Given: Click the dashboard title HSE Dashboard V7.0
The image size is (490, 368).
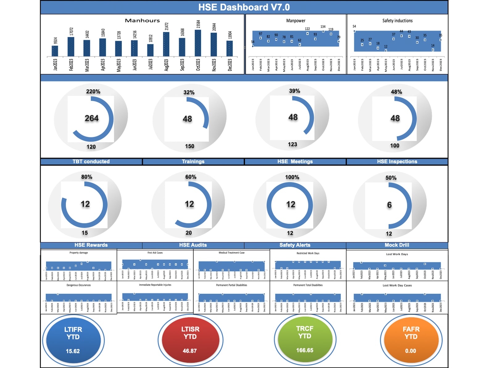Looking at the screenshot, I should [244, 7].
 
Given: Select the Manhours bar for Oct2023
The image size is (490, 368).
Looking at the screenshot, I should [198, 43].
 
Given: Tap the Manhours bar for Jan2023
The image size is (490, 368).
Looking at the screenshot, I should [55, 51].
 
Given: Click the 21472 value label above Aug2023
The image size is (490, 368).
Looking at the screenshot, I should [167, 26].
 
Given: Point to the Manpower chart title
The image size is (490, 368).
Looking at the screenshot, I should [296, 21].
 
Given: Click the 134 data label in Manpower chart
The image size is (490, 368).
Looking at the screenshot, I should [323, 27].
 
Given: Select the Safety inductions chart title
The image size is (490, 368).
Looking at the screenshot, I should [397, 21].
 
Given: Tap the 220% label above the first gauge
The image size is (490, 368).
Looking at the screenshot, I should [93, 91].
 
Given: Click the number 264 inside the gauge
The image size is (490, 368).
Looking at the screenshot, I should [92, 118].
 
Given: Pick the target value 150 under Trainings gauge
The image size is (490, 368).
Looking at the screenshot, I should [189, 146].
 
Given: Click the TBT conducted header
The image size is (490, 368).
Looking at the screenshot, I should [91, 162].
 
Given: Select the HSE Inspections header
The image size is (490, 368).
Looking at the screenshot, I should [397, 162].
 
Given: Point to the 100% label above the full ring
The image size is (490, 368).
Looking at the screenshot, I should [292, 177].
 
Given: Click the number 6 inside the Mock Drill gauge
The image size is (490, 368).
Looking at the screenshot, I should [389, 205].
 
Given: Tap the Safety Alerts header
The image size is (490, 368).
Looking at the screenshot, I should [295, 245].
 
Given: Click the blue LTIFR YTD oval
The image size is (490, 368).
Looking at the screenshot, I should [73, 340].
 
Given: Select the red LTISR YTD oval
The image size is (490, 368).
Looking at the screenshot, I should [190, 340].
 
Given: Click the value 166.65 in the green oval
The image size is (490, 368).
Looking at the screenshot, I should [305, 350].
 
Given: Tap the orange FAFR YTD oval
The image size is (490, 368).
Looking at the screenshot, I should [411, 340].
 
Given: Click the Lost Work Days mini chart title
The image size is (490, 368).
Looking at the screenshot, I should [397, 254].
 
